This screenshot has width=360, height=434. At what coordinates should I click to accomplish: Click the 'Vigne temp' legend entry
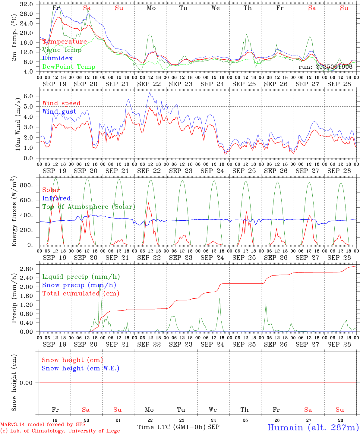coord(62,50)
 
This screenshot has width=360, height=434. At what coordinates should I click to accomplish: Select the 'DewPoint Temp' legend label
coord(69,67)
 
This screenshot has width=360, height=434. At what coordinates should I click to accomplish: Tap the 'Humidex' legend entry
coord(57,58)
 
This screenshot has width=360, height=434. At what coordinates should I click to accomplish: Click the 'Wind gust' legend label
coord(59,112)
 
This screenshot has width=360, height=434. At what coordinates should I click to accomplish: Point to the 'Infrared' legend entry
coord(56,198)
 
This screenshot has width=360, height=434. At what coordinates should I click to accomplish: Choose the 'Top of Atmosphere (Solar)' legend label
coord(89,207)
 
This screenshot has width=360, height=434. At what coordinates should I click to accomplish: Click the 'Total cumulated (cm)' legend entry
coord(81,294)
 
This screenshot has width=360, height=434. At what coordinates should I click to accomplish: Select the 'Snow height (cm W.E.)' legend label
coord(81,368)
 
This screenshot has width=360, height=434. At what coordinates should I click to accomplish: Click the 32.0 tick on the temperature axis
coord(27,4)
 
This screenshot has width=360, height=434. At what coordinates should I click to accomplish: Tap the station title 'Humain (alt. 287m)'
coord(313,428)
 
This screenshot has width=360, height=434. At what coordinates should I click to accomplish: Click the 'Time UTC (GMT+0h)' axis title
coord(171,427)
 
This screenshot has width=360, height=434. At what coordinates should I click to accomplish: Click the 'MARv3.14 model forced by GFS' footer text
coord(43,425)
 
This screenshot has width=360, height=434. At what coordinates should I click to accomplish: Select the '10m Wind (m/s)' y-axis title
coord(18,124)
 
